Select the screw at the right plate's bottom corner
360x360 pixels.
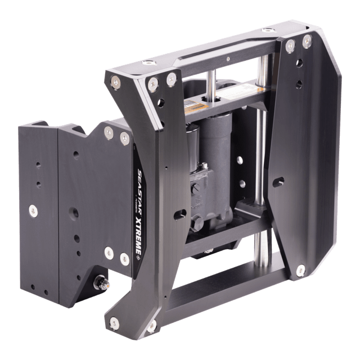pos(301,271)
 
